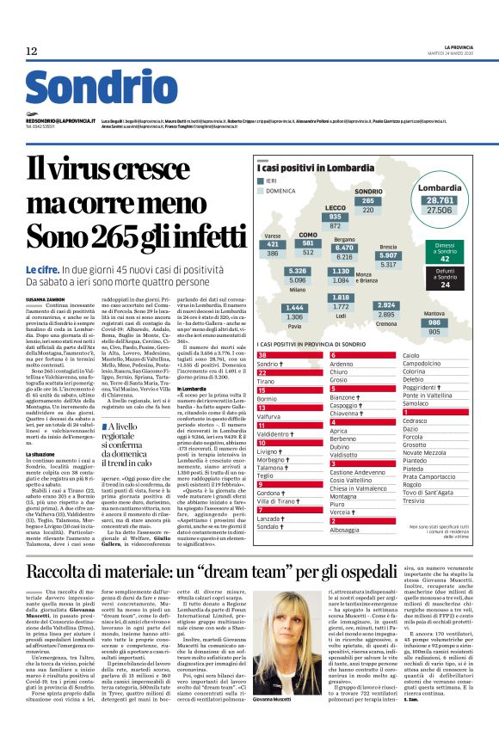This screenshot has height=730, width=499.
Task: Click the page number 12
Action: (32, 52)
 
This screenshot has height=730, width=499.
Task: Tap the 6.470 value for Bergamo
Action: (344, 248)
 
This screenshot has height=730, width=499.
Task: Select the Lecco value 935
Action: (336, 217)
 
